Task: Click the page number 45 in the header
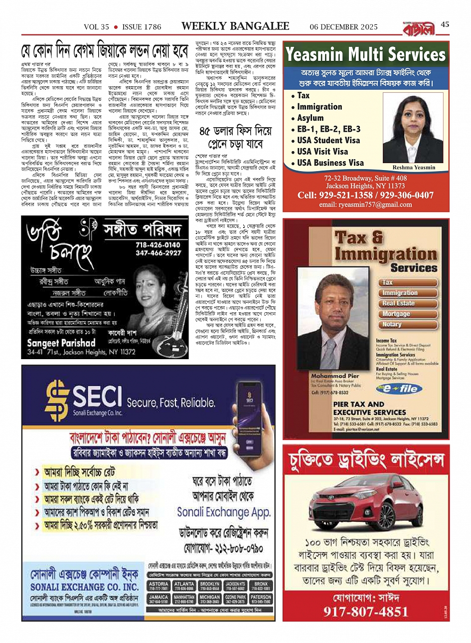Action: pyautogui.click(x=445, y=25)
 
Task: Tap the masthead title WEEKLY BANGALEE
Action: pyautogui.click(x=235, y=26)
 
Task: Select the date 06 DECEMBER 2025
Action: pyautogui.click(x=343, y=27)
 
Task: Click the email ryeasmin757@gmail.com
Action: pyautogui.click(x=365, y=205)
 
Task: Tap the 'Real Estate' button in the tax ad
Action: pyautogui.click(x=399, y=303)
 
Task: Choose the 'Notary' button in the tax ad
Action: pyautogui.click(x=392, y=324)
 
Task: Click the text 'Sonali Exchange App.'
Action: pyautogui.click(x=224, y=512)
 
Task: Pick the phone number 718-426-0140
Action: pyautogui.click(x=158, y=245)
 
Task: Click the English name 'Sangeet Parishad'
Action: pyautogui.click(x=61, y=343)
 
